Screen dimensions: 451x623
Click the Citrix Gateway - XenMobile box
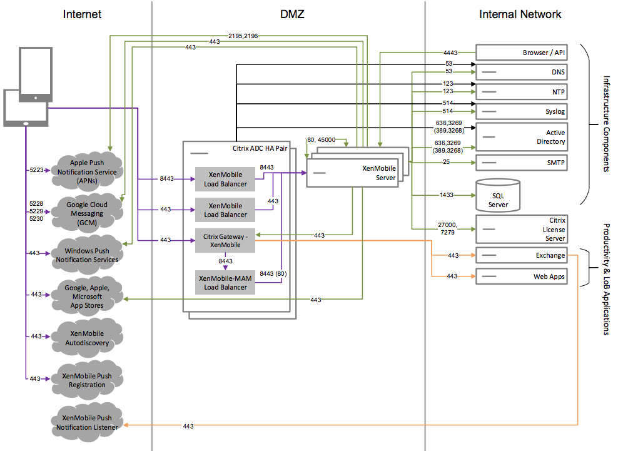(x=226, y=240)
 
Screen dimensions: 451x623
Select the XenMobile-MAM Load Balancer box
(x=226, y=283)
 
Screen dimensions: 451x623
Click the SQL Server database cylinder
(x=498, y=196)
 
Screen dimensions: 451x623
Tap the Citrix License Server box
(x=522, y=229)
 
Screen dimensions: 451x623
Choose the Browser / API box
(x=522, y=53)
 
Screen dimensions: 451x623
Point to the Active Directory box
(x=522, y=137)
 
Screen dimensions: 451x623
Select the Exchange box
(x=522, y=255)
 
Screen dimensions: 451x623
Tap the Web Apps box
(x=522, y=276)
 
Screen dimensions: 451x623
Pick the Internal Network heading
(x=520, y=14)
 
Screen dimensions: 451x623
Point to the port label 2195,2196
(x=243, y=36)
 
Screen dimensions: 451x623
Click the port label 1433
(x=447, y=195)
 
